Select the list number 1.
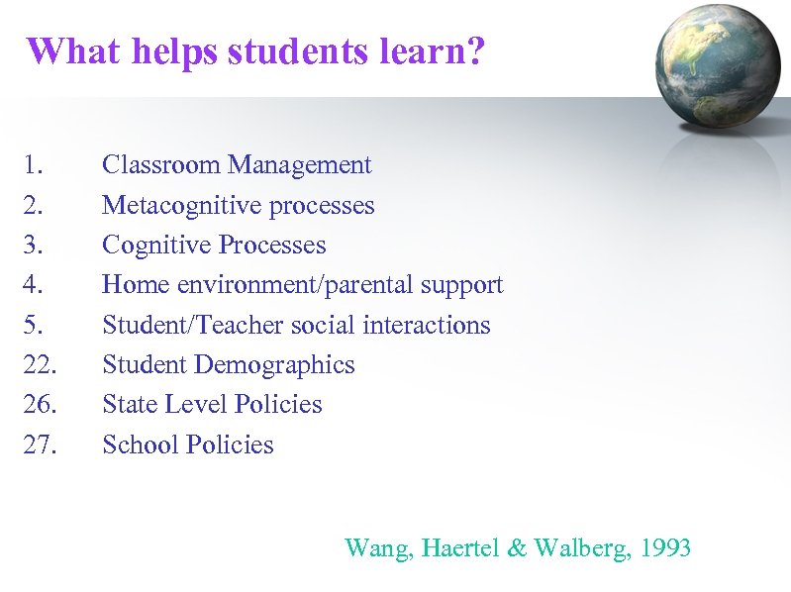click(x=35, y=165)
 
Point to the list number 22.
click(x=40, y=365)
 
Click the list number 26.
click(x=40, y=405)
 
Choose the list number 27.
click(x=40, y=444)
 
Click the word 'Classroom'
click(x=162, y=165)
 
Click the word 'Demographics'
click(x=274, y=365)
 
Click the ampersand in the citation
click(x=517, y=547)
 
